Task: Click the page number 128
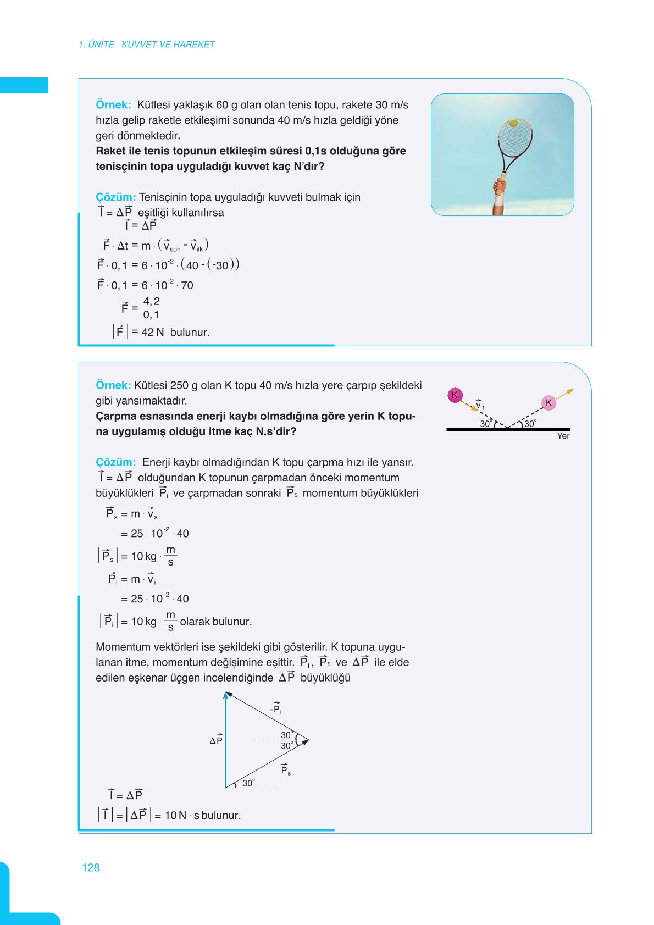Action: [x=91, y=867]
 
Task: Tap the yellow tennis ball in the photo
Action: [x=513, y=123]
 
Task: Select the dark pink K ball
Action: [x=455, y=395]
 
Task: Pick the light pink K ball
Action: [x=548, y=403]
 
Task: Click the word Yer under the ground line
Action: [x=563, y=436]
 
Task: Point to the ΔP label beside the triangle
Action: [x=216, y=740]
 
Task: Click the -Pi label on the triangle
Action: [x=276, y=708]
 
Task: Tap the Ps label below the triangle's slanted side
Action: [x=286, y=769]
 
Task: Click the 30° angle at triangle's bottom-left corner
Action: [x=248, y=783]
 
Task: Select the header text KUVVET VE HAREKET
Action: [x=168, y=45]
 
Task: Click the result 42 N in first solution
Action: [x=152, y=332]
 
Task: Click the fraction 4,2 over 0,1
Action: [x=151, y=308]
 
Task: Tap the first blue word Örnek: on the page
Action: [x=113, y=104]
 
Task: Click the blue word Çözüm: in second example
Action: [x=115, y=462]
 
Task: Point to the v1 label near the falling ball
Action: [x=480, y=405]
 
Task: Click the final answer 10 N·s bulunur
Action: [x=202, y=815]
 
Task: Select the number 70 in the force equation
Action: [x=187, y=285]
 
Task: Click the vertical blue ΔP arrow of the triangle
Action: [x=225, y=739]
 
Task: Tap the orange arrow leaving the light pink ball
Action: [x=564, y=394]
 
